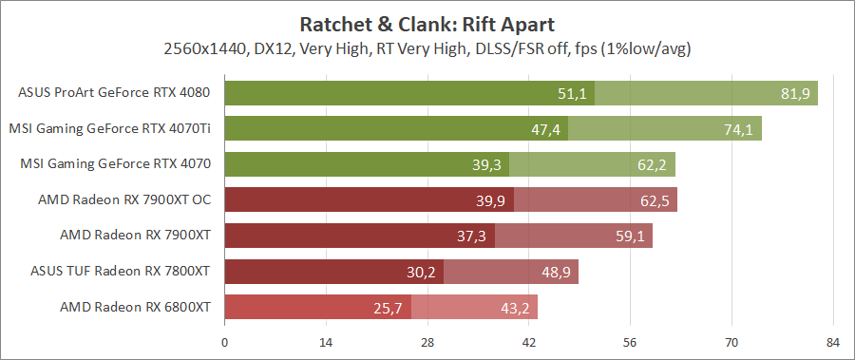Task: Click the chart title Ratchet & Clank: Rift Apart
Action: coord(427,23)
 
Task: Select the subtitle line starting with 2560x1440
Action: coord(427,47)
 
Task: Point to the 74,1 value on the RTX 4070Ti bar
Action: coord(738,129)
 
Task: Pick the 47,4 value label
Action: coord(545,129)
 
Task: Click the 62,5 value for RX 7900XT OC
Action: coord(654,200)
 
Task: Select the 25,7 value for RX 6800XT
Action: coord(389,308)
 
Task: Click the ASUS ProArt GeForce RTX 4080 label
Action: coord(114,93)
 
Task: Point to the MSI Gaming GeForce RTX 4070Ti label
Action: coord(109,129)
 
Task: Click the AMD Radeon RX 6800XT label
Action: coord(135,308)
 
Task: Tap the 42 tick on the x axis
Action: coord(528,343)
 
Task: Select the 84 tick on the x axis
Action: coord(833,343)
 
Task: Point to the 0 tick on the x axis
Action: coord(224,343)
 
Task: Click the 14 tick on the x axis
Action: coord(326,343)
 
